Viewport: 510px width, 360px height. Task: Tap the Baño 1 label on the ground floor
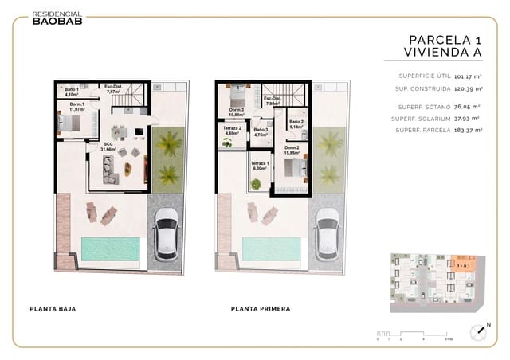(x=72, y=92)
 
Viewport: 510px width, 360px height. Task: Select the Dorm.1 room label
(x=76, y=107)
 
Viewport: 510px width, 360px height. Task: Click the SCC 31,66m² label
(x=108, y=147)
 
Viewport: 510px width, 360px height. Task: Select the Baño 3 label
(x=260, y=133)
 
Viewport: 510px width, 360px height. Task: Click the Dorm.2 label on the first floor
(x=292, y=151)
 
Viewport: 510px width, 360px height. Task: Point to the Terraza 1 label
(x=260, y=166)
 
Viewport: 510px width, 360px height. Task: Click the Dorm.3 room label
(x=237, y=112)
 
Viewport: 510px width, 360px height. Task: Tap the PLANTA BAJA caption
(x=53, y=308)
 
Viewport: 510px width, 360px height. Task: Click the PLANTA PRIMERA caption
(x=261, y=308)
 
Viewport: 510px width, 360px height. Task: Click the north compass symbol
(x=481, y=332)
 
